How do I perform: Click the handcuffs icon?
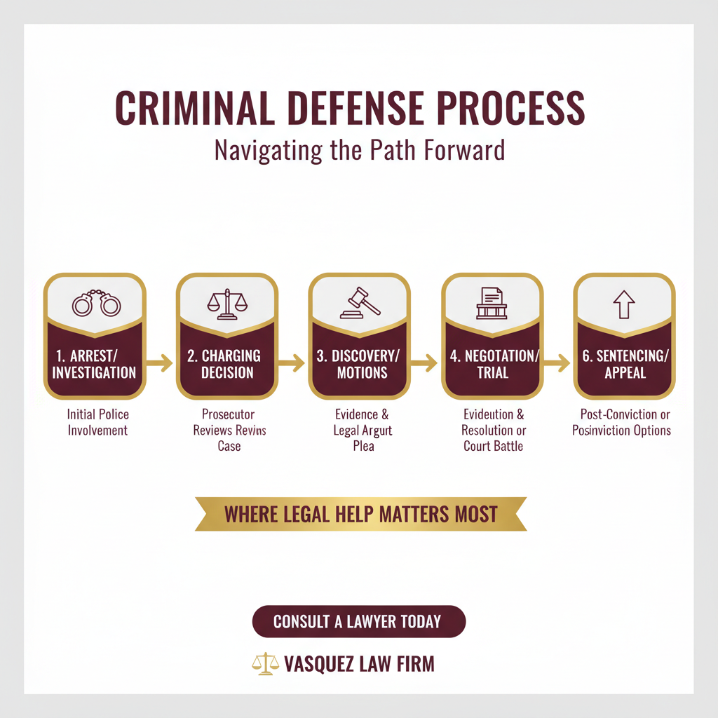pos(96,304)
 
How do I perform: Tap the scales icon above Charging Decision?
pos(227,304)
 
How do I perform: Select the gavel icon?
pos(360,302)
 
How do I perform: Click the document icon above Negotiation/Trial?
pos(492,303)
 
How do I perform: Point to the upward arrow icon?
pos(623,304)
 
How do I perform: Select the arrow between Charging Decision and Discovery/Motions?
pos(292,363)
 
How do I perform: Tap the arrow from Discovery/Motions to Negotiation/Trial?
pos(425,363)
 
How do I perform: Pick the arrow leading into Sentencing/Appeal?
pos(557,363)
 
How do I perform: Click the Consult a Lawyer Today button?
pos(358,621)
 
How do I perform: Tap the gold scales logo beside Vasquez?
pos(266,664)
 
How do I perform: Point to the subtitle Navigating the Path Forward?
pos(359,150)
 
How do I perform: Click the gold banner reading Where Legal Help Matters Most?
pos(360,513)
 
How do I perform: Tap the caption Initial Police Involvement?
pos(98,422)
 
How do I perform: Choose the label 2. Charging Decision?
pos(228,363)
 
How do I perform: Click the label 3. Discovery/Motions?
pos(360,363)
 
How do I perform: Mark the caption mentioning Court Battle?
pos(493,430)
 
